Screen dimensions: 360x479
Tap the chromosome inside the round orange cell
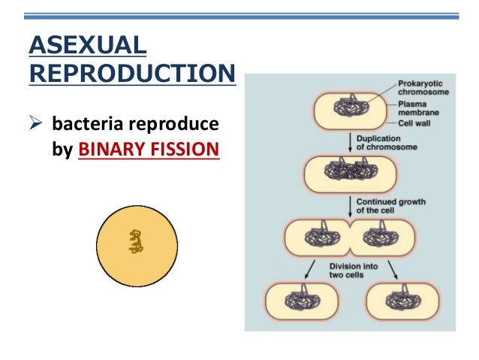[x=136, y=241]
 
